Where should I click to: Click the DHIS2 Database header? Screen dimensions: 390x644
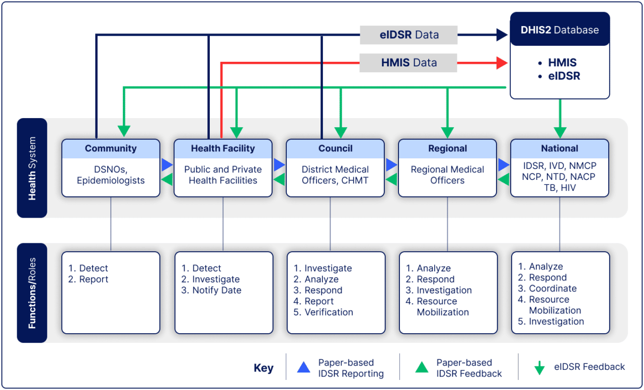[x=559, y=30]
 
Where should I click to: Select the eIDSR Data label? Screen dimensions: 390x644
[x=409, y=35]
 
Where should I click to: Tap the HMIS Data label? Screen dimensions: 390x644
[x=409, y=63]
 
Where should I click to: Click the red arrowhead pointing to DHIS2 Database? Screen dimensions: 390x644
[x=502, y=63]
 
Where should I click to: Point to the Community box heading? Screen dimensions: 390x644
[x=111, y=148]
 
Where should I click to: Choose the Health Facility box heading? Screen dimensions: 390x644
[x=223, y=148]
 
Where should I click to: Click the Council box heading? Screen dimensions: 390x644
[x=335, y=148]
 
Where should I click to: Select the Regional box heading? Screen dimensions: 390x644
[x=447, y=148]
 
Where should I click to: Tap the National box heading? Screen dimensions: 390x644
[x=559, y=148]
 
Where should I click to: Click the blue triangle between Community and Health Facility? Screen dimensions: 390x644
[x=167, y=165]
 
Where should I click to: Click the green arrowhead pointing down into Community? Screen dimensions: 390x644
[x=124, y=131]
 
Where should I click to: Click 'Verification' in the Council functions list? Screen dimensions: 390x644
[x=329, y=312]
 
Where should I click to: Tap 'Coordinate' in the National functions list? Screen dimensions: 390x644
[x=552, y=288]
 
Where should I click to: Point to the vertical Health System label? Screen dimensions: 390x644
[x=32, y=168]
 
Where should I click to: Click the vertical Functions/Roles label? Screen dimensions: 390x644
[x=32, y=293]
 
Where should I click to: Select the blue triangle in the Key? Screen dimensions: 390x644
[x=303, y=368]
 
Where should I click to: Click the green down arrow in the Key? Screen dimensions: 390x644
[x=539, y=368]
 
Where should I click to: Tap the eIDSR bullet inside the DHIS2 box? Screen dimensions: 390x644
[x=563, y=76]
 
